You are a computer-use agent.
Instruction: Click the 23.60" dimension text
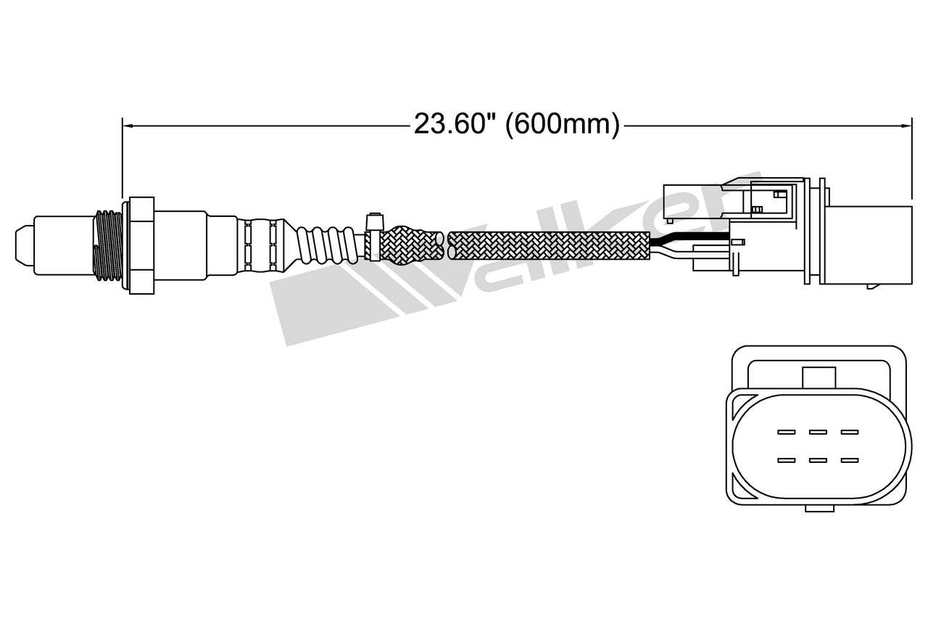tap(455, 124)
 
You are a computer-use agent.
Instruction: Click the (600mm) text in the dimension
tap(562, 124)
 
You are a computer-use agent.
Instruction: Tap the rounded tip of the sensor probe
tap(21, 244)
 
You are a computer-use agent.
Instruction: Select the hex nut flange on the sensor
tap(141, 245)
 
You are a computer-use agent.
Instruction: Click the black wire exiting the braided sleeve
tap(689, 239)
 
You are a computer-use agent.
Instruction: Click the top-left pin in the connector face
tap(787, 433)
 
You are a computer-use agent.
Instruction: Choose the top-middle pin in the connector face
tap(818, 433)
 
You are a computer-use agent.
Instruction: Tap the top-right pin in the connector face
tap(850, 433)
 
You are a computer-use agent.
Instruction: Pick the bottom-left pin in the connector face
tap(787, 459)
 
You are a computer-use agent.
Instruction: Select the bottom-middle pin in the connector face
tap(818, 459)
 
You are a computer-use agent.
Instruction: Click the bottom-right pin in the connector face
tap(850, 459)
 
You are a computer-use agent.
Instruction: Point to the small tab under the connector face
tap(819, 509)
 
